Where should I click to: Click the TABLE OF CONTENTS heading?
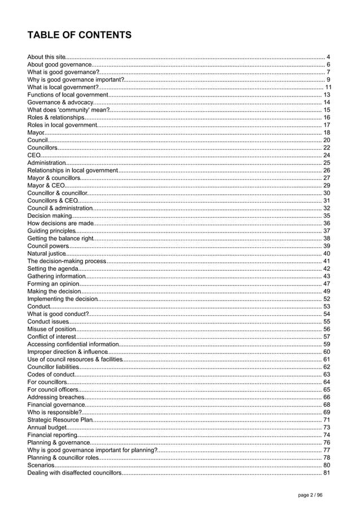pos(80,36)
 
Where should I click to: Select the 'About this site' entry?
pos(47,57)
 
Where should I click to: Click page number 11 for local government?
pos(327,87)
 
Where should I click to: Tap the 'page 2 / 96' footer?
pos(311,495)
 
